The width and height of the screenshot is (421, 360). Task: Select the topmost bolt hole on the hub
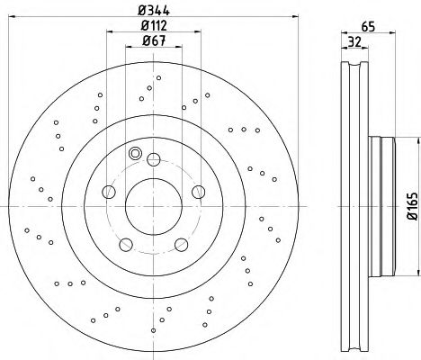151,164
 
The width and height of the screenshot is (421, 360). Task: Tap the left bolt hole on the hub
110,192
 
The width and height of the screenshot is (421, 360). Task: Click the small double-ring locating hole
135,154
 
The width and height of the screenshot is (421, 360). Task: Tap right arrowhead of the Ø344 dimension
281,17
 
